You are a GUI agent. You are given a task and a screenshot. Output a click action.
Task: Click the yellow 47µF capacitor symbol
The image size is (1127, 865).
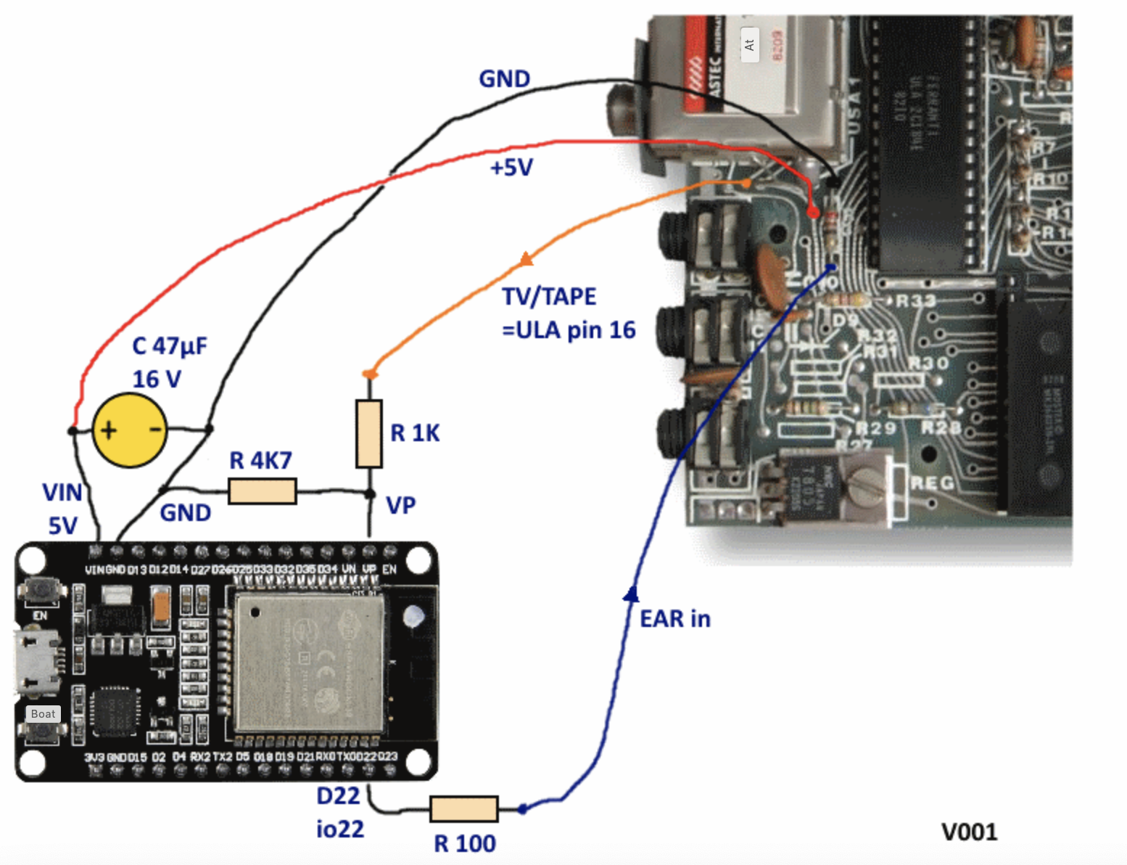pos(130,430)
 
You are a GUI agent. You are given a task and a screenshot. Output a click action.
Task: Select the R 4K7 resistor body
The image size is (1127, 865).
pos(263,491)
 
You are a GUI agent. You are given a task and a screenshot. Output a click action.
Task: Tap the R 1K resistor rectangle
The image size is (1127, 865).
pos(369,433)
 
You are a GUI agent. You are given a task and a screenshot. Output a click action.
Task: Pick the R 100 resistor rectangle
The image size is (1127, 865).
pos(464,809)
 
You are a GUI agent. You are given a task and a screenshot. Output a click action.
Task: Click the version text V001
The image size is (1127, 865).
pos(969,832)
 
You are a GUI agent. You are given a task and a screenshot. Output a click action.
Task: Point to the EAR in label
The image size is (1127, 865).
pos(674,619)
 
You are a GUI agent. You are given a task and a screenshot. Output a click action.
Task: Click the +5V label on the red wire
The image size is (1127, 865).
pos(511,168)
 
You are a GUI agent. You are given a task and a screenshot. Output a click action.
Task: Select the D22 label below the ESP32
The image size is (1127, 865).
pos(338,796)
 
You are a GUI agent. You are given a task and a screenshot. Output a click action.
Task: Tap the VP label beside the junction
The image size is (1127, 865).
pos(401,505)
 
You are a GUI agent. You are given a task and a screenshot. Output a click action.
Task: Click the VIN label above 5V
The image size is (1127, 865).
pos(62,493)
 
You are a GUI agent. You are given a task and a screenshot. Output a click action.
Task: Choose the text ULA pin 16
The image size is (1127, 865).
pos(569,330)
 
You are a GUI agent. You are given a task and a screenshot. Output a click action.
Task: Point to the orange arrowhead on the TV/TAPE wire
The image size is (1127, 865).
pos(527,259)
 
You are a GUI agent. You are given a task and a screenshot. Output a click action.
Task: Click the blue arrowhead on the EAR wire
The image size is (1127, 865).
pos(632,594)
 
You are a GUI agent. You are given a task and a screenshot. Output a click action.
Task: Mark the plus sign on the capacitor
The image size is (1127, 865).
pos(108,430)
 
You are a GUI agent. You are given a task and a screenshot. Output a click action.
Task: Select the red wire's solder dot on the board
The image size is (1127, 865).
pos(814,213)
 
